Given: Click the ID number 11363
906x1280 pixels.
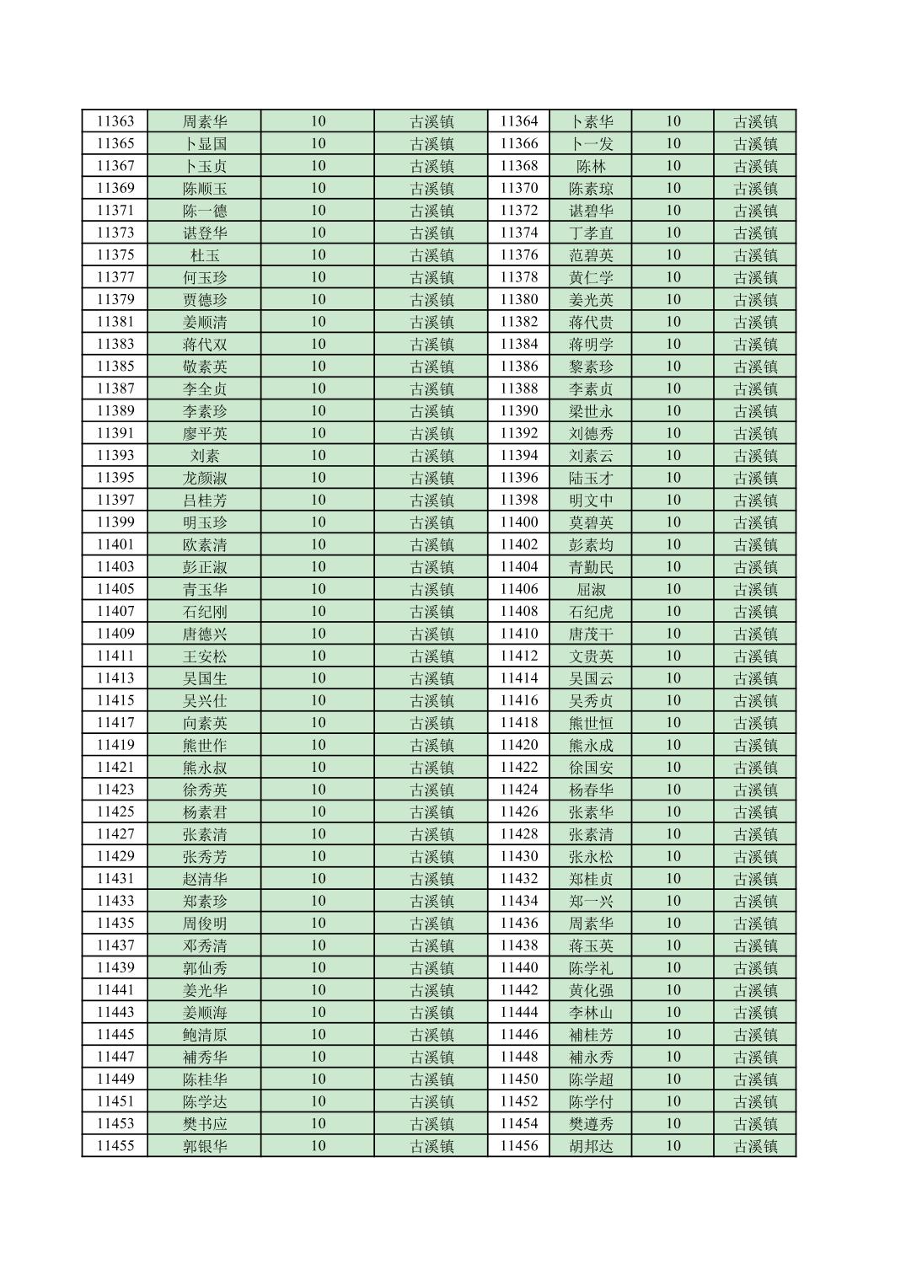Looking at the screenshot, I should (115, 121).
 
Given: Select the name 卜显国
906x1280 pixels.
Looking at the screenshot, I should (205, 144).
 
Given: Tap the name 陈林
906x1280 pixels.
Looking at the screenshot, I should (591, 166).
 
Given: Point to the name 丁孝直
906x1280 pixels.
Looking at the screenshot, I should (591, 233).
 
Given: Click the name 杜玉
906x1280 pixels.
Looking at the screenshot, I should (205, 255).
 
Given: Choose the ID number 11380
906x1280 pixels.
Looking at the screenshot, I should (518, 300).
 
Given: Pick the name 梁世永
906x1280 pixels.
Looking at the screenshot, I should (591, 411).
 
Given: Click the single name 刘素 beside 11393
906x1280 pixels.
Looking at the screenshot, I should (205, 456).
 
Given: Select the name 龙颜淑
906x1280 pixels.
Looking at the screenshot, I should (205, 478).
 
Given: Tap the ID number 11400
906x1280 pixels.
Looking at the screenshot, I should (518, 522).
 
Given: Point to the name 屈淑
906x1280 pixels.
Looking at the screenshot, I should (591, 589).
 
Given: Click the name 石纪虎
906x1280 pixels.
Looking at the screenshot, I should (591, 612).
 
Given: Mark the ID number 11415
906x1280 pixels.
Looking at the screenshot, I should (115, 700).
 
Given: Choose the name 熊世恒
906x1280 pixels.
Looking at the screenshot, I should (591, 723).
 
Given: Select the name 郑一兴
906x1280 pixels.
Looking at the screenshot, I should (591, 901).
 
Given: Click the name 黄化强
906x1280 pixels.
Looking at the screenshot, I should (591, 990).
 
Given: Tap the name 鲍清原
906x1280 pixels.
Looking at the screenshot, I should (205, 1035).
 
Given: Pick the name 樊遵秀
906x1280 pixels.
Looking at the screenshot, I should (591, 1124).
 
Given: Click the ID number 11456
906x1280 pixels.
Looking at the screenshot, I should (518, 1146).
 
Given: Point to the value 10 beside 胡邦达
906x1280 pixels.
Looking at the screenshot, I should (673, 1146).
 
